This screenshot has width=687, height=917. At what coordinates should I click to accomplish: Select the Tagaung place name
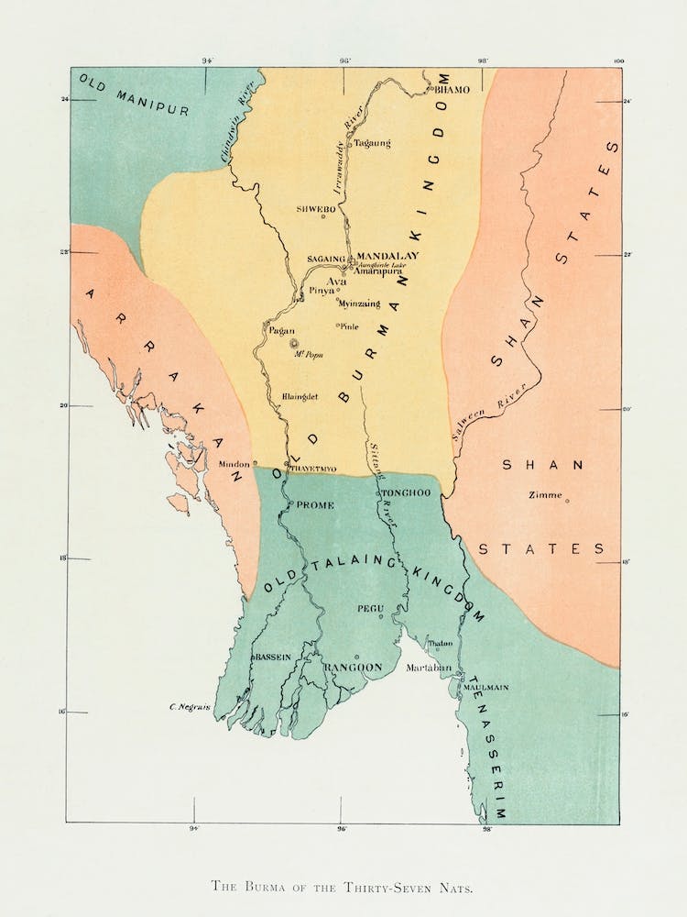coord(372,143)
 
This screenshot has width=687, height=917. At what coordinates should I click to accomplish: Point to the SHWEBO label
coord(311,209)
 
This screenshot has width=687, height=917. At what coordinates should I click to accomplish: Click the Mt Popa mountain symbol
coord(295,344)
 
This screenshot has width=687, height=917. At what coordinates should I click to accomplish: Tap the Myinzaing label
coord(361,302)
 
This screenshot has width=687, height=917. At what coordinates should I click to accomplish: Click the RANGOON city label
coord(353,668)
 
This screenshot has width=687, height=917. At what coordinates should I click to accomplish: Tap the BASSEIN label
coord(273,657)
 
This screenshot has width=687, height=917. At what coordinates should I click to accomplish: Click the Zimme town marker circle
coord(567,501)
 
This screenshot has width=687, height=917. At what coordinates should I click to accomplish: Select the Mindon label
coord(234,464)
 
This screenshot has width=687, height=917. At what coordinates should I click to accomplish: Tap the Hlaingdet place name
coord(301,396)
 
